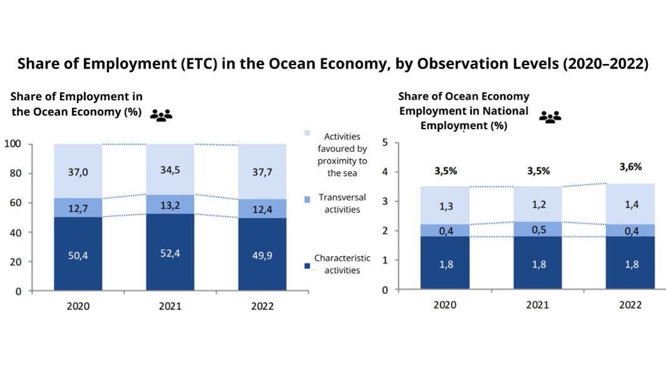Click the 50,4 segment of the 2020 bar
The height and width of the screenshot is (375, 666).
pos(78,253)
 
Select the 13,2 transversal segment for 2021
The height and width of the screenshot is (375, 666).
pos(170,204)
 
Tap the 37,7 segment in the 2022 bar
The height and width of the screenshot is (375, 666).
pos(263,171)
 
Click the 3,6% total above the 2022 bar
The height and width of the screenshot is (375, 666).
pos(630,167)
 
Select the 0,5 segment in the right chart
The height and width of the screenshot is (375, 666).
pos(538,229)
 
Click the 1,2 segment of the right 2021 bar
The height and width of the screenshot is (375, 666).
pos(538,204)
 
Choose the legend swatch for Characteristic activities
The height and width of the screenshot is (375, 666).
pos(307,266)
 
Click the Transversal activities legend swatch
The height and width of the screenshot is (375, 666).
pos(307,199)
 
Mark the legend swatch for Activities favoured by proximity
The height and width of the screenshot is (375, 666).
pos(307,133)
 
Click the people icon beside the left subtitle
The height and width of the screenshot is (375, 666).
pos(161,115)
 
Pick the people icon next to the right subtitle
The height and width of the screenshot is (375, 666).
pos(550,117)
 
